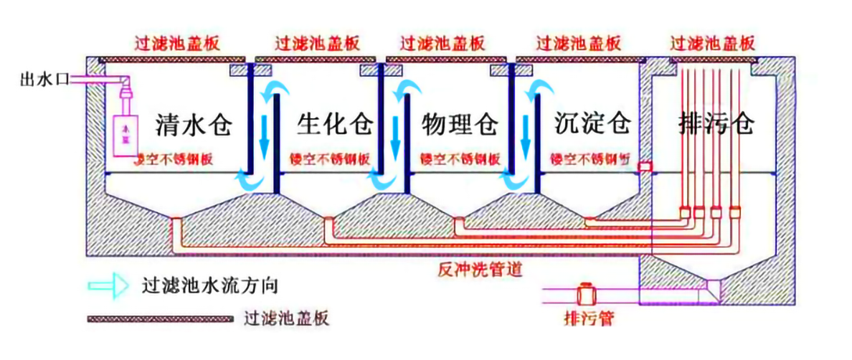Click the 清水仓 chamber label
point(194,125)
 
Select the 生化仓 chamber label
point(335,125)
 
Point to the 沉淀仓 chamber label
point(592,125)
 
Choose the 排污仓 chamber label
point(716,125)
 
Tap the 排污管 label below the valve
point(588,316)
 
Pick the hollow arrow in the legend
point(108,285)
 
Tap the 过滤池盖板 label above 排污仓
point(713,42)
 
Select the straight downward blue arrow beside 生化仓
point(265,133)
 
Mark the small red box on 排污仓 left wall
point(645,166)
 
